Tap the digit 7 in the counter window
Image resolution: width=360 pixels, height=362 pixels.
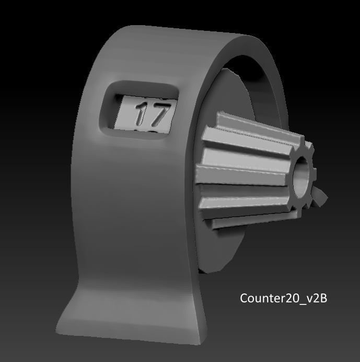160,114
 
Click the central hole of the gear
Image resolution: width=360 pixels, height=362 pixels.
300,177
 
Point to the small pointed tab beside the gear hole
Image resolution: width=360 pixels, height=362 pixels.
320,196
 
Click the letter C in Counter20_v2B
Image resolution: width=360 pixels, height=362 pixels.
244,298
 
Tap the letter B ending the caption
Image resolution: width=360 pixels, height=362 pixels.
323,298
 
